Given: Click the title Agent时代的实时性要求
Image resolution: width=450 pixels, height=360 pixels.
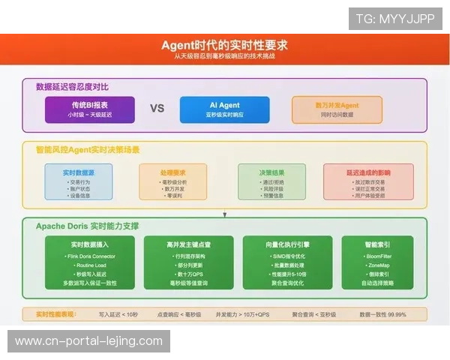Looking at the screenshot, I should click(224, 44).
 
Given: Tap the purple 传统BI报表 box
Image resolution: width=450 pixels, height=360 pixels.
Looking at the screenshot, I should click(89, 109).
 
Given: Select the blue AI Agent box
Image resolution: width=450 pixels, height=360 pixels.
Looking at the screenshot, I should click(220, 109).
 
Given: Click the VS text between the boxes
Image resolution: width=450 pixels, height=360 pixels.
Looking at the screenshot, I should click(157, 109).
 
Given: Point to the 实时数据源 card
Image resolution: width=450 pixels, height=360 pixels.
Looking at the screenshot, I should click(88, 182).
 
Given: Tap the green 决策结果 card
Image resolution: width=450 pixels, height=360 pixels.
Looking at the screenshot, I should click(261, 182).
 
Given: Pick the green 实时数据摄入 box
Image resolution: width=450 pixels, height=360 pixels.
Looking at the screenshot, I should click(89, 262).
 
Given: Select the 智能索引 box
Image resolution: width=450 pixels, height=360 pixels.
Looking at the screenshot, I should click(376, 262).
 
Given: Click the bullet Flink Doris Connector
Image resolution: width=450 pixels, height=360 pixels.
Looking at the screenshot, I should click(91, 256).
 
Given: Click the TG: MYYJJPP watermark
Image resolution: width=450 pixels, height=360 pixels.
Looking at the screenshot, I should click(395, 19).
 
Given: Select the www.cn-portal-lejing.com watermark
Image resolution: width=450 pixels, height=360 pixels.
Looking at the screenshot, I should click(89, 341).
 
